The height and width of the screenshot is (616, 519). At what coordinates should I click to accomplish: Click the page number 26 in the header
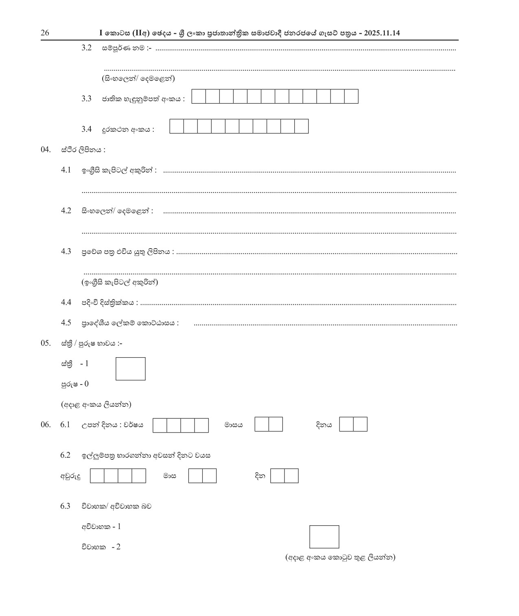click(x=45, y=33)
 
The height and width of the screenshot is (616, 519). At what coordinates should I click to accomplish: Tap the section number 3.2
click(x=86, y=48)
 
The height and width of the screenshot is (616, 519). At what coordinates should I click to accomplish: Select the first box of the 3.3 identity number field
click(x=199, y=97)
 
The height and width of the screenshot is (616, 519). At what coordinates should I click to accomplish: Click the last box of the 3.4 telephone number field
click(x=301, y=127)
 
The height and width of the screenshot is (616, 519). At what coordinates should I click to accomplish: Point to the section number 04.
click(x=46, y=150)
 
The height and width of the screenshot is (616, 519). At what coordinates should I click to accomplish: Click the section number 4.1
click(x=66, y=170)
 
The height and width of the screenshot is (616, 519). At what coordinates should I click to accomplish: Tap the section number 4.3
click(x=66, y=251)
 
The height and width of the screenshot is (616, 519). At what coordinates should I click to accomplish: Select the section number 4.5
click(x=66, y=323)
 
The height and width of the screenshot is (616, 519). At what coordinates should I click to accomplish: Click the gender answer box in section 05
click(x=130, y=369)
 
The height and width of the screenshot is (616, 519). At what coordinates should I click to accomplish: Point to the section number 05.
click(x=46, y=343)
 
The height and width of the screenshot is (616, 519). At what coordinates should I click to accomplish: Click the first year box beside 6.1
click(x=160, y=426)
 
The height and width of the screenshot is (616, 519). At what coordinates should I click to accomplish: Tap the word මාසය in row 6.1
click(x=233, y=425)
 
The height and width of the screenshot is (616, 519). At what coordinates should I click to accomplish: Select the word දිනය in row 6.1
click(x=324, y=425)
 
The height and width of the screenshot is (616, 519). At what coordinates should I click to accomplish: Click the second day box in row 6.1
click(x=360, y=424)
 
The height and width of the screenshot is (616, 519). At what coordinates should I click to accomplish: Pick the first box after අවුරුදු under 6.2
click(x=97, y=476)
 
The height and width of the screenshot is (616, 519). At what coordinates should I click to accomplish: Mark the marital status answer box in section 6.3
click(x=324, y=537)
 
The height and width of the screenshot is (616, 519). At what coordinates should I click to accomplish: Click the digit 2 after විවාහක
click(x=118, y=547)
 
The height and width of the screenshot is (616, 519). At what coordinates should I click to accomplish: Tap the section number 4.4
click(x=66, y=302)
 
